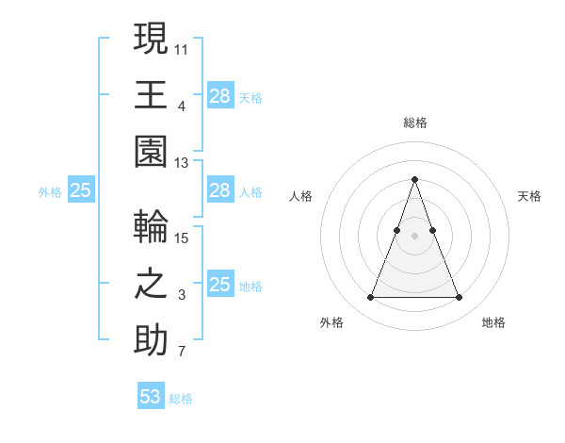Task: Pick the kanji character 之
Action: pos(151,285)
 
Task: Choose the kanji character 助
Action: pos(151,342)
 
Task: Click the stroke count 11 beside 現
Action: pos(182,48)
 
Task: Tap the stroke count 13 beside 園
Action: pos(182,163)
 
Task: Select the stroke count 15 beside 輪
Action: pos(182,238)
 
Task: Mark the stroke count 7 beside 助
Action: pos(182,353)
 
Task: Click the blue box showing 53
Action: pos(151,397)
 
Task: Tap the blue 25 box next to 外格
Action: pos(81,191)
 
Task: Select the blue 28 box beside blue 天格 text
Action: pos(220,96)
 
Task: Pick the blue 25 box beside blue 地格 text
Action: pos(220,285)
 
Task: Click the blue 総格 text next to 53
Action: pos(181,399)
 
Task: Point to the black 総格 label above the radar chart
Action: pos(414,123)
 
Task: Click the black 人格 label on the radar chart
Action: pos(300,196)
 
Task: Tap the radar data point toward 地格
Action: pos(459,298)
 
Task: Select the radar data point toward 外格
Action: pos(370,298)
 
